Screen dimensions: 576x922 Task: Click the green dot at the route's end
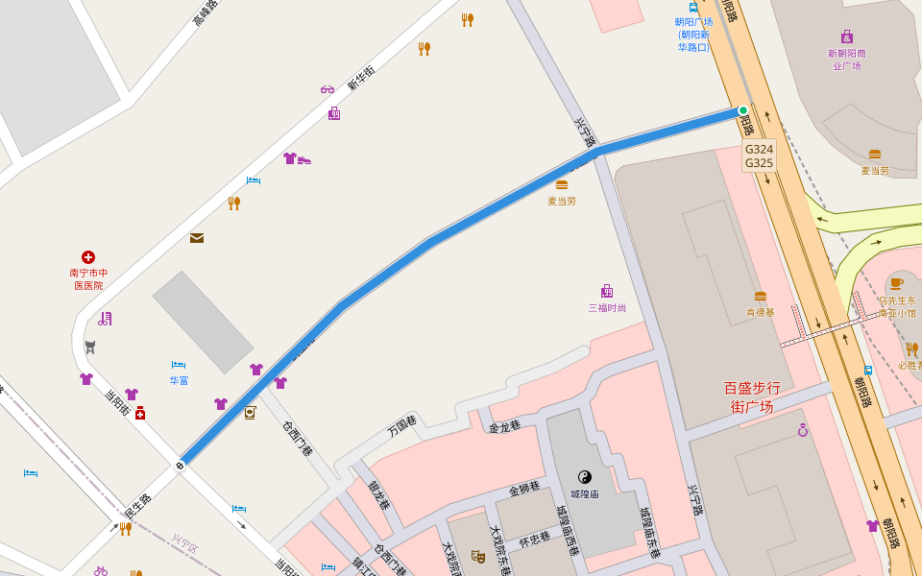[743, 110]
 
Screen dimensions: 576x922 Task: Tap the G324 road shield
[759, 149]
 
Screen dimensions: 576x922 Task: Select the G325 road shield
[759, 163]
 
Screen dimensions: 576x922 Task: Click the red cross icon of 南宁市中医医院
[88, 257]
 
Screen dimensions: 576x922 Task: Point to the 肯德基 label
[760, 312]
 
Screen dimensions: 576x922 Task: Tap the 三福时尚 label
[607, 308]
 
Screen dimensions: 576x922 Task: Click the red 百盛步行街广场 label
[752, 396]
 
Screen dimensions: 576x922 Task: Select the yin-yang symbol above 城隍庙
[585, 477]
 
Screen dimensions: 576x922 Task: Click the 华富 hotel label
[179, 381]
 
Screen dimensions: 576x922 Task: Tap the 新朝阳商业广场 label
[847, 60]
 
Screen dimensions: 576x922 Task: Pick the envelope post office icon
[197, 238]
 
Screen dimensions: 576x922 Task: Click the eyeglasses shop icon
[328, 89]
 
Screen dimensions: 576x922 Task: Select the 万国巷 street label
[402, 426]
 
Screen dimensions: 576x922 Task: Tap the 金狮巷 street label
[525, 490]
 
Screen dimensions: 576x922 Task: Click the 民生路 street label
[137, 507]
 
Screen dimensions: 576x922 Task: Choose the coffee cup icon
[896, 283]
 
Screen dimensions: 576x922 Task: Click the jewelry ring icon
[803, 431]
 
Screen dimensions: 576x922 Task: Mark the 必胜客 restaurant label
[910, 366]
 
